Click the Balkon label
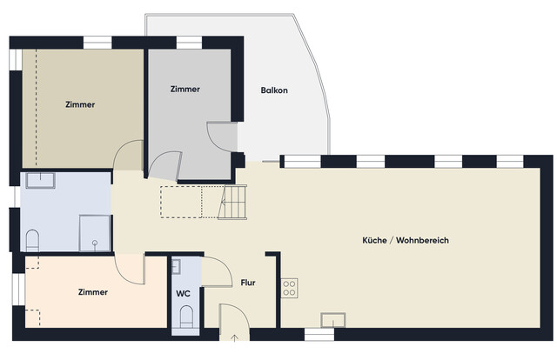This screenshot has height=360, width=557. point(273,90)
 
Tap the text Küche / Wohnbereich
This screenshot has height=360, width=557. point(406,240)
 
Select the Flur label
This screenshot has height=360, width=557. point(247,282)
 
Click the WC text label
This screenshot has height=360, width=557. point(184,294)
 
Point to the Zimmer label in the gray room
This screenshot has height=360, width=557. point(185,89)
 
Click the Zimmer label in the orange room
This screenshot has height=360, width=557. point(93,292)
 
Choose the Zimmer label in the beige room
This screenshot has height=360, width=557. point(80,104)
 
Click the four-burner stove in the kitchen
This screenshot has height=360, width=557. point(289,288)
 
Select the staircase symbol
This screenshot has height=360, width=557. point(233,203)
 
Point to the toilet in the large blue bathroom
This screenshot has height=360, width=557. point(33,239)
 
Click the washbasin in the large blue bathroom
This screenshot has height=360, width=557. point(40,181)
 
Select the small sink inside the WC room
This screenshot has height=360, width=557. point(177,266)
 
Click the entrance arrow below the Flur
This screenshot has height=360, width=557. point(233,337)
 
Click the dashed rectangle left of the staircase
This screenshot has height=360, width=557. point(180,201)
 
